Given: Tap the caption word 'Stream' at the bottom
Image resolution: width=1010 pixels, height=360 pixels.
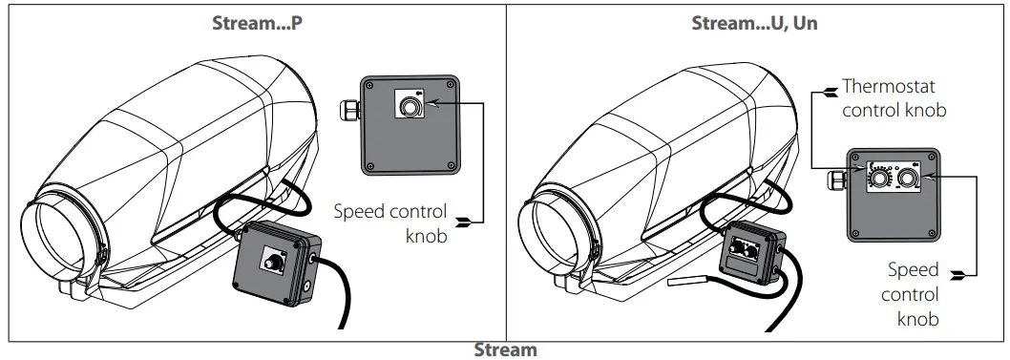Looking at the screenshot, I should [505, 349].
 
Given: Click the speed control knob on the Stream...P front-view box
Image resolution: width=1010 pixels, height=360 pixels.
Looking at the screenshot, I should [410, 108].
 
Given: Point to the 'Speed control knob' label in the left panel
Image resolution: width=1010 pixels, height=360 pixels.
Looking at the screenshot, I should [389, 222].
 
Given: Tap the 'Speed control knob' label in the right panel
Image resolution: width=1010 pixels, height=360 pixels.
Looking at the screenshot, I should [913, 294].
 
